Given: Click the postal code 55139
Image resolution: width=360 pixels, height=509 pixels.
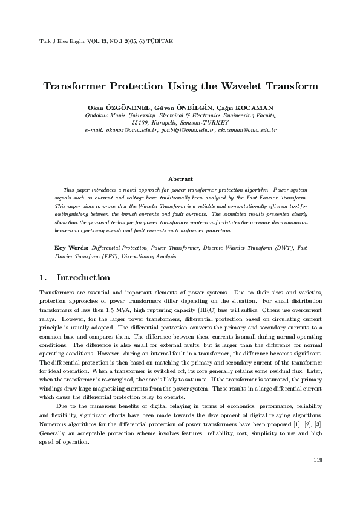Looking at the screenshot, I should tap(141, 122).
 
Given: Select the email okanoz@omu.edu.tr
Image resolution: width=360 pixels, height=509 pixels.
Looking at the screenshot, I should tap(132, 130).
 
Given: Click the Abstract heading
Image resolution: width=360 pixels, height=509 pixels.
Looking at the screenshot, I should tap(180, 179).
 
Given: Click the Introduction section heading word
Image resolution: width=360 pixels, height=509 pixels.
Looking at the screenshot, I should tap(83, 278).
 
